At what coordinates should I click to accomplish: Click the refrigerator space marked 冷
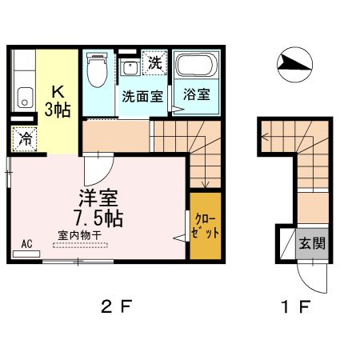[x=26, y=138]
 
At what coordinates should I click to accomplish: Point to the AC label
[x=26, y=242]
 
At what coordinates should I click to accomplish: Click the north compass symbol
[x=294, y=63]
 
